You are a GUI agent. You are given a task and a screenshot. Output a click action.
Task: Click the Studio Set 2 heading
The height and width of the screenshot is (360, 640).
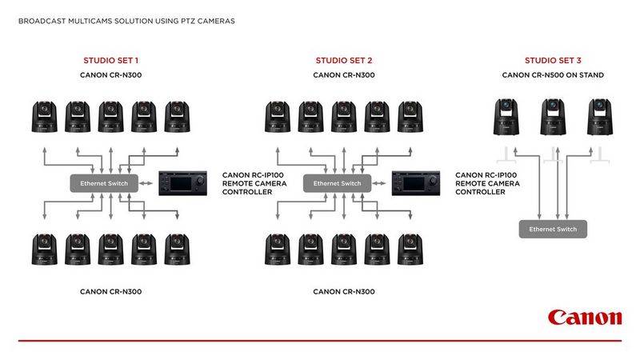pos(344,61)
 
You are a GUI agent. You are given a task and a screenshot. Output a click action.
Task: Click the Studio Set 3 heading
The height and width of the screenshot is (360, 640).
pos(553,61)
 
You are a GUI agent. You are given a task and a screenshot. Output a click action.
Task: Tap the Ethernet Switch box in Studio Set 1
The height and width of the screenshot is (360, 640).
pos(104,183)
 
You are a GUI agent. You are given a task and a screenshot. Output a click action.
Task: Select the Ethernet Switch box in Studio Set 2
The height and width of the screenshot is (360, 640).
pos(338,183)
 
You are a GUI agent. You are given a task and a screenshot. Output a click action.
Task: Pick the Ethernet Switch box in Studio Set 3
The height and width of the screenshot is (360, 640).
pos(553,230)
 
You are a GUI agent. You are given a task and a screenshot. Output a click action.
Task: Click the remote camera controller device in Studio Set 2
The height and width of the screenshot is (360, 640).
pos(419,183)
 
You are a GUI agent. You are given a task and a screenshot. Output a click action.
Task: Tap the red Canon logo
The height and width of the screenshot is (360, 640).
pos(584,318)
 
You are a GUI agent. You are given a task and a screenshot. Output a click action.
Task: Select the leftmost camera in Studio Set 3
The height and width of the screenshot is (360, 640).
pos(506,118)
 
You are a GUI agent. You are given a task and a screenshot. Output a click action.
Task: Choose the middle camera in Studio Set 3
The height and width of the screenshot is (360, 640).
pos(551,118)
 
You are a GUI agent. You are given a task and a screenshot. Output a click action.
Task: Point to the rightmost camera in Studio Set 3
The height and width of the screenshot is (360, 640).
pos(597,118)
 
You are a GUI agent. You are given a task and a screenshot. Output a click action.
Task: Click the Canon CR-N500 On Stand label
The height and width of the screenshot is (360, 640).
pos(553,75)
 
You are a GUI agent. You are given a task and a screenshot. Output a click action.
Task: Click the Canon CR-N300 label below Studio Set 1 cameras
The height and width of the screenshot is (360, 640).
pos(110,291)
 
